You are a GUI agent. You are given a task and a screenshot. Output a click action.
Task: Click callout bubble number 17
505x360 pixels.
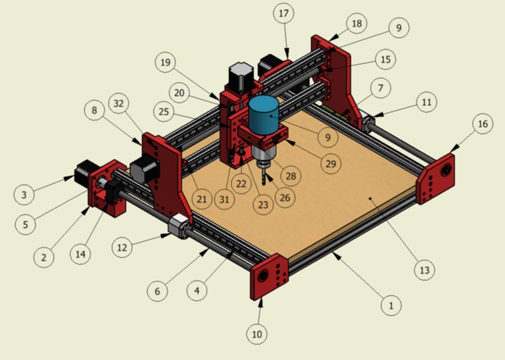pyautogui.click(x=284, y=13)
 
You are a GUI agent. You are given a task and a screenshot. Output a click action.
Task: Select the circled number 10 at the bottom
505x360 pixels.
pyautogui.click(x=257, y=333)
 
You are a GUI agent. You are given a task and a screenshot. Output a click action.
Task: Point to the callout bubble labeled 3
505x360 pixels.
pyautogui.click(x=24, y=195)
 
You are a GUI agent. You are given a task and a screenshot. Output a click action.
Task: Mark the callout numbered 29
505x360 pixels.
pyautogui.click(x=330, y=164)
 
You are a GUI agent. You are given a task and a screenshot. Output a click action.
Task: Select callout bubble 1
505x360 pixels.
pyautogui.click(x=391, y=306)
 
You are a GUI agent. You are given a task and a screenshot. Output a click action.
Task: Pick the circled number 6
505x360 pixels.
pyautogui.click(x=157, y=292)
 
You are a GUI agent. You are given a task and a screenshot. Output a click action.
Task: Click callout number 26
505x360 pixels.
pyautogui.click(x=284, y=198)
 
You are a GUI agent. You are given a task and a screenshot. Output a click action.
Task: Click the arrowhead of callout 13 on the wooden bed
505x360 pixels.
pyautogui.click(x=371, y=199)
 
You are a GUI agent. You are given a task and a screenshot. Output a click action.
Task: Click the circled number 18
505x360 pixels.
pyautogui.click(x=356, y=24)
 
